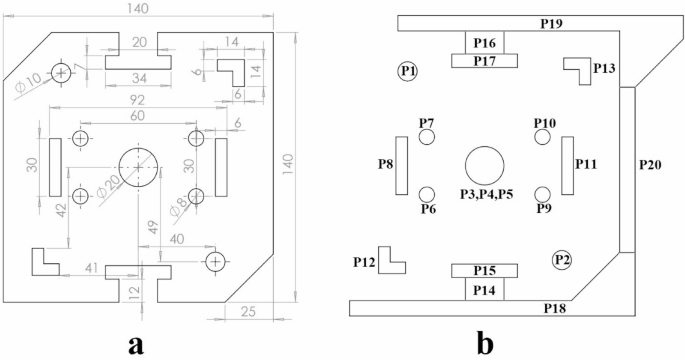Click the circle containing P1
click(407, 70)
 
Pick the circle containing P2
click(562, 260)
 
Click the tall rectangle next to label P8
click(402, 165)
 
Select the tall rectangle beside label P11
click(566, 164)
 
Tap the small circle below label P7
click(427, 139)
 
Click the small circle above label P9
click(543, 193)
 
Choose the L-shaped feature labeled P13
click(578, 69)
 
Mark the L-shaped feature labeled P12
click(391, 259)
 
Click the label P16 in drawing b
click(485, 43)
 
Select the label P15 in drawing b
click(484, 271)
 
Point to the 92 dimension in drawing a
click(137, 100)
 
